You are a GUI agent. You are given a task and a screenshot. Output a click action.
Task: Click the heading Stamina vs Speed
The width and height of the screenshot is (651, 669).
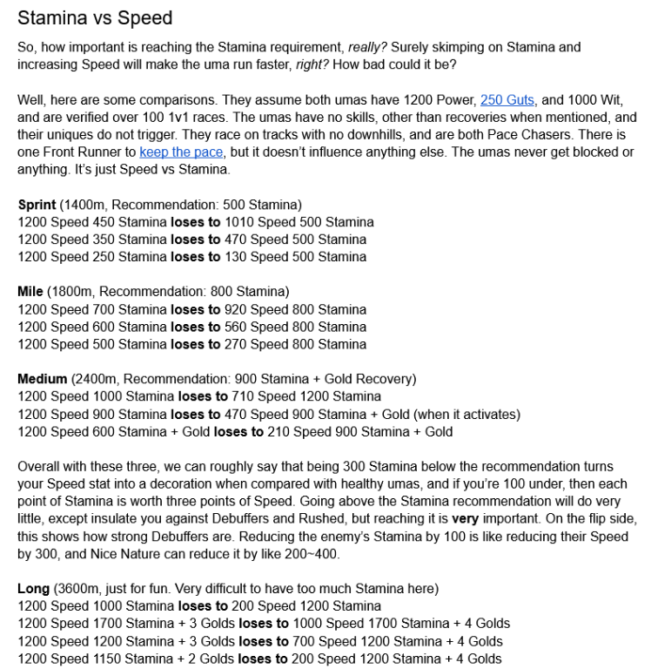(x=95, y=17)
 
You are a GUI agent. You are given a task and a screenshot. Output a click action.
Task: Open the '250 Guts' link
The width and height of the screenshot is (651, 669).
(x=507, y=99)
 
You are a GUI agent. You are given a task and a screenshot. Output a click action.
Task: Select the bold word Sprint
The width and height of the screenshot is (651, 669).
(x=37, y=205)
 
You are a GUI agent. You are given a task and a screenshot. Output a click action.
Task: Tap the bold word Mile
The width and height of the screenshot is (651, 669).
(x=30, y=292)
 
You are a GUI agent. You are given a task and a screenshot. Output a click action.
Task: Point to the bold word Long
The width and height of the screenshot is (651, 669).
(x=33, y=589)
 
